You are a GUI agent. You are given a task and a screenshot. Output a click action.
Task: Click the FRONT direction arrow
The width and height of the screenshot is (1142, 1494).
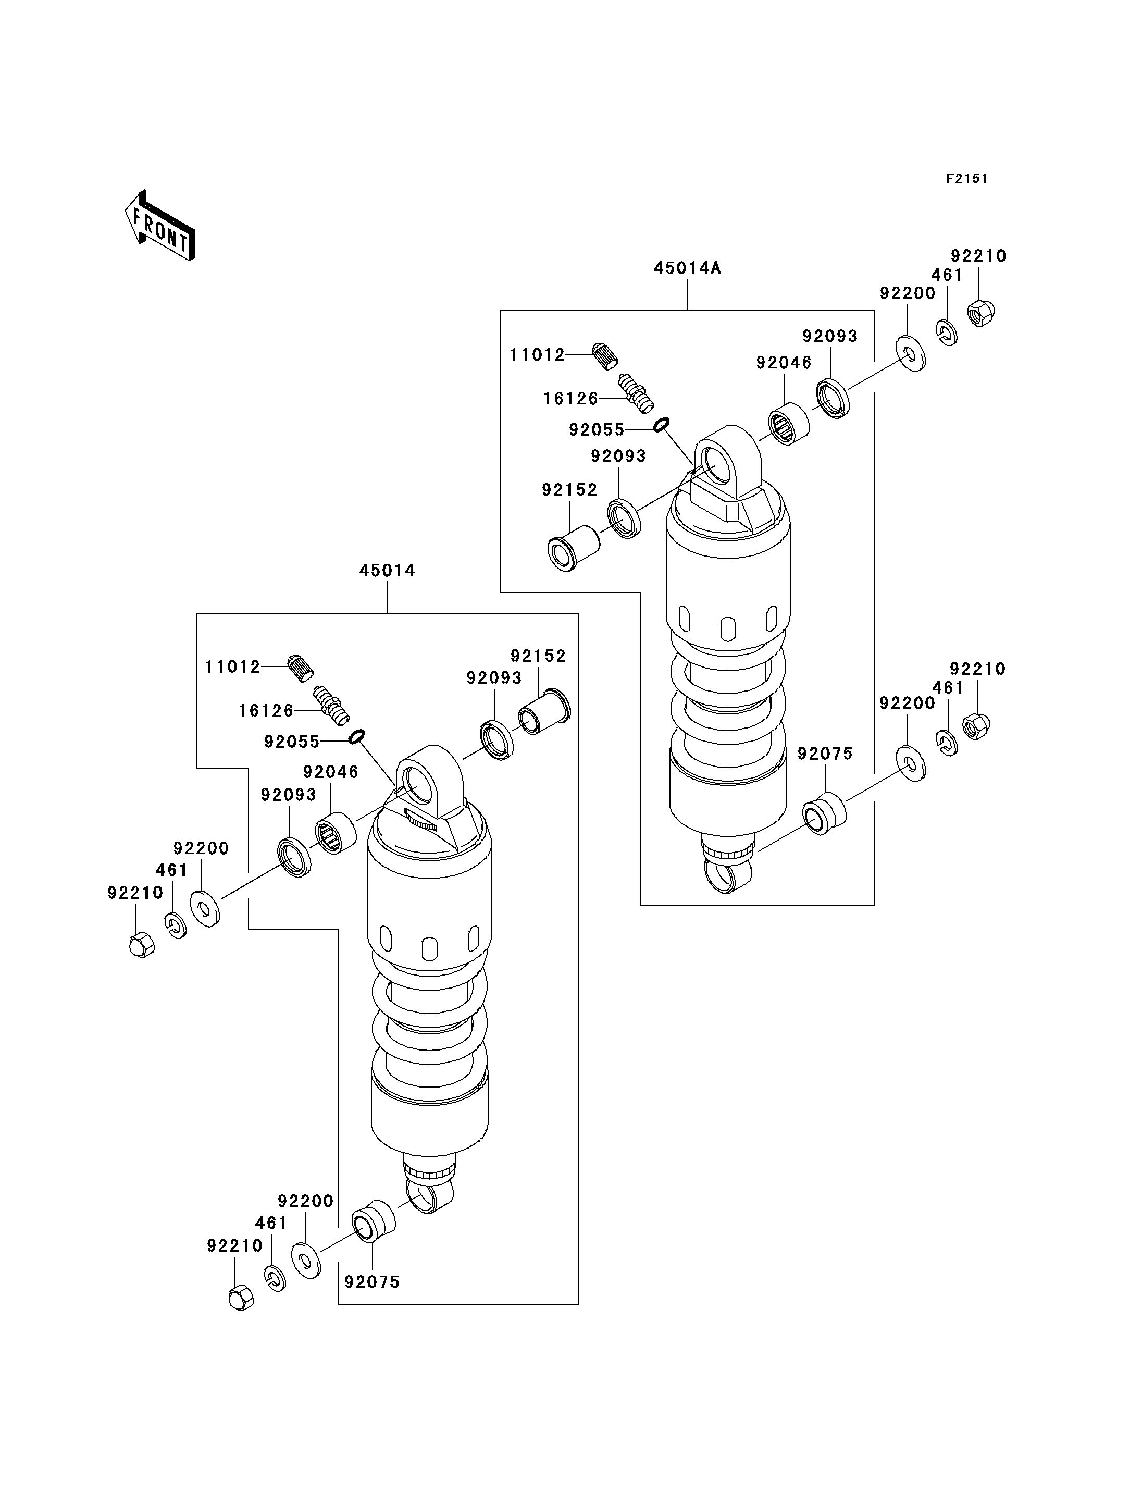(160, 226)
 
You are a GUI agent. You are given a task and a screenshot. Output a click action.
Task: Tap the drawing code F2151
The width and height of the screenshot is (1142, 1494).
(966, 179)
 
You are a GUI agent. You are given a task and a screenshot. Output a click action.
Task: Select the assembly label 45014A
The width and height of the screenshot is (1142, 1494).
(687, 268)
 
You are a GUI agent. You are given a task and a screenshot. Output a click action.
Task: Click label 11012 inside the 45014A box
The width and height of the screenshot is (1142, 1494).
(538, 354)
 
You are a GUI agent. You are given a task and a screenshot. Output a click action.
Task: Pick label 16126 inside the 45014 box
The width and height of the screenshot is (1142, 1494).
(266, 711)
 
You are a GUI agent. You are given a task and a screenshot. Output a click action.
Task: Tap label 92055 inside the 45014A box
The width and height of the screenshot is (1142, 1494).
(596, 430)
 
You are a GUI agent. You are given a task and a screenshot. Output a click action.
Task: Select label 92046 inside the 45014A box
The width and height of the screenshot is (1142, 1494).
(784, 363)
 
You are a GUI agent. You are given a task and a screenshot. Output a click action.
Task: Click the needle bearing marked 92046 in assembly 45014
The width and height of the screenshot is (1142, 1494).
(336, 835)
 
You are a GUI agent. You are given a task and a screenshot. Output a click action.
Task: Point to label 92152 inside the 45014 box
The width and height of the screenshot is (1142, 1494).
(538, 656)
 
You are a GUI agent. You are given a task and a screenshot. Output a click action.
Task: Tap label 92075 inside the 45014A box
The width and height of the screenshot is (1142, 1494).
(825, 754)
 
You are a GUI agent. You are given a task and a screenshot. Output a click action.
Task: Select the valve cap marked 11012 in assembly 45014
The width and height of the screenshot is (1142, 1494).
(301, 667)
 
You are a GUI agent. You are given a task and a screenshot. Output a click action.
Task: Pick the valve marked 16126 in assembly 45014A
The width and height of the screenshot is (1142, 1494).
(636, 394)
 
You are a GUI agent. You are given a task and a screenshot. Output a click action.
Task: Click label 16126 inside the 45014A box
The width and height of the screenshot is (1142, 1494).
(570, 399)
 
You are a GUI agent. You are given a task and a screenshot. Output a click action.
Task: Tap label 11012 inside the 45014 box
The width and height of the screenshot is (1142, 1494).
(232, 667)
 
